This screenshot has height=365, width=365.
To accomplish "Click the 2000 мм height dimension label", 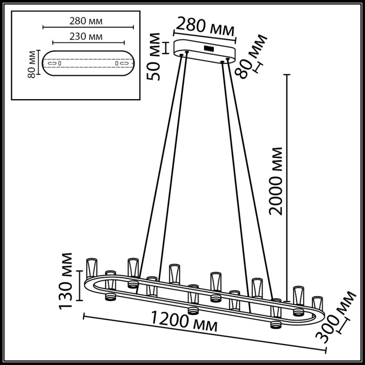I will pos(276,181).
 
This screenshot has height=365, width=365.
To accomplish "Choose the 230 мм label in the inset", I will pos(85,36).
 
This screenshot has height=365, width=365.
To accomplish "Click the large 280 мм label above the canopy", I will pos(205,28).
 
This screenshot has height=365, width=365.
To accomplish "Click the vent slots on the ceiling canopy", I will pos(208,47).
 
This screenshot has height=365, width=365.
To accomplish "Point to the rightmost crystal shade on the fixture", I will pos(318,303).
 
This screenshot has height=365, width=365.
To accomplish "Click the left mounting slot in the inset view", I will pos(53,63).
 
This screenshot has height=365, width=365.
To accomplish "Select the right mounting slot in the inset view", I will pos(123,63).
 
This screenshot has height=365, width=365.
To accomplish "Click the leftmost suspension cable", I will pos(161,164).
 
